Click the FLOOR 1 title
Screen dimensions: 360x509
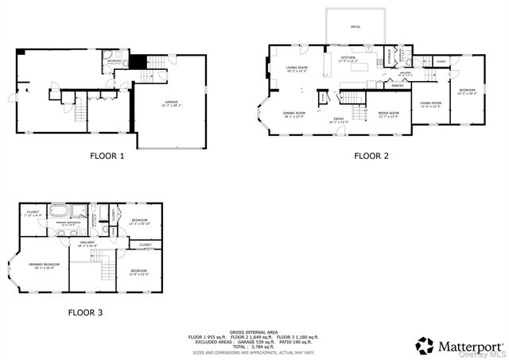coord(108,157)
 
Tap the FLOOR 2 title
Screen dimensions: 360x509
coord(371,157)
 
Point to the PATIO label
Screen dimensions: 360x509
coord(356,27)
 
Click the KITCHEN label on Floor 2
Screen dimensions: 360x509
coord(348,58)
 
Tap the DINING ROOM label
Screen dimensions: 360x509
coord(294,113)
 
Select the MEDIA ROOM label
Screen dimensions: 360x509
coord(388,113)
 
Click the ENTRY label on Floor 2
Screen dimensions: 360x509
coord(339,118)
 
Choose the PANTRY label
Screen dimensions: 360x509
coord(397,85)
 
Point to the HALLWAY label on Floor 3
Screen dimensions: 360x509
coord(87,242)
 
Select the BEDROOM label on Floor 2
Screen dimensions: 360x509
coord(466,90)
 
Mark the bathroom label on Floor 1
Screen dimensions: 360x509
coord(115,60)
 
